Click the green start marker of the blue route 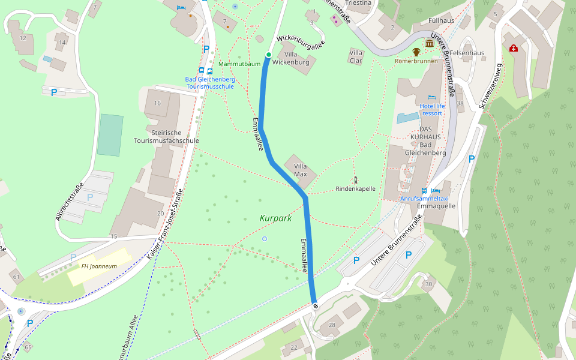268,55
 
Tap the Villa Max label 301,170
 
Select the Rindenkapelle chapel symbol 355,179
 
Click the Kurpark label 275,218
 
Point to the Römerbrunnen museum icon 430,44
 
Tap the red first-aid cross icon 514,48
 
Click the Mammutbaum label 239,64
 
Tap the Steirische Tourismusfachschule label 166,136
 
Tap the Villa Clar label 356,56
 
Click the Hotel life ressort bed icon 431,97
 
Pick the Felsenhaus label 467,53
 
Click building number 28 332,325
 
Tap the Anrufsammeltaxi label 424,198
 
